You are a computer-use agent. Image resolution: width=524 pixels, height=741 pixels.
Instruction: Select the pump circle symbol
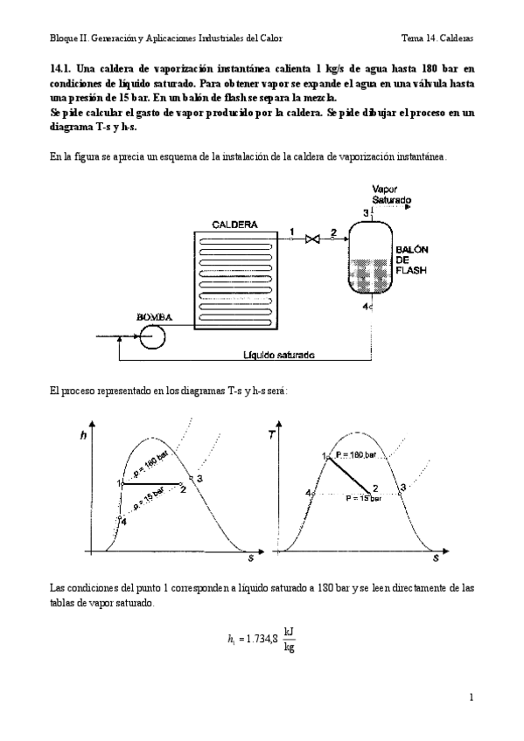point(157,335)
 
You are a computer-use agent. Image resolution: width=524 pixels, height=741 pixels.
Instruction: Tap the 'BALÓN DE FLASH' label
point(411,260)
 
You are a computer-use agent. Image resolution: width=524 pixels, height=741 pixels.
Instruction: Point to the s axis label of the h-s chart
point(250,557)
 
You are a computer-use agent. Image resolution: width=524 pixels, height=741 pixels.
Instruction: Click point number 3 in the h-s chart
point(200,479)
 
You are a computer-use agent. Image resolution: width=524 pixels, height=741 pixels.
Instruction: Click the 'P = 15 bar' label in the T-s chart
point(363,498)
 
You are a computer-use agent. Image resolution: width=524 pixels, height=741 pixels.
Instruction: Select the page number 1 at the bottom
point(471,697)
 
